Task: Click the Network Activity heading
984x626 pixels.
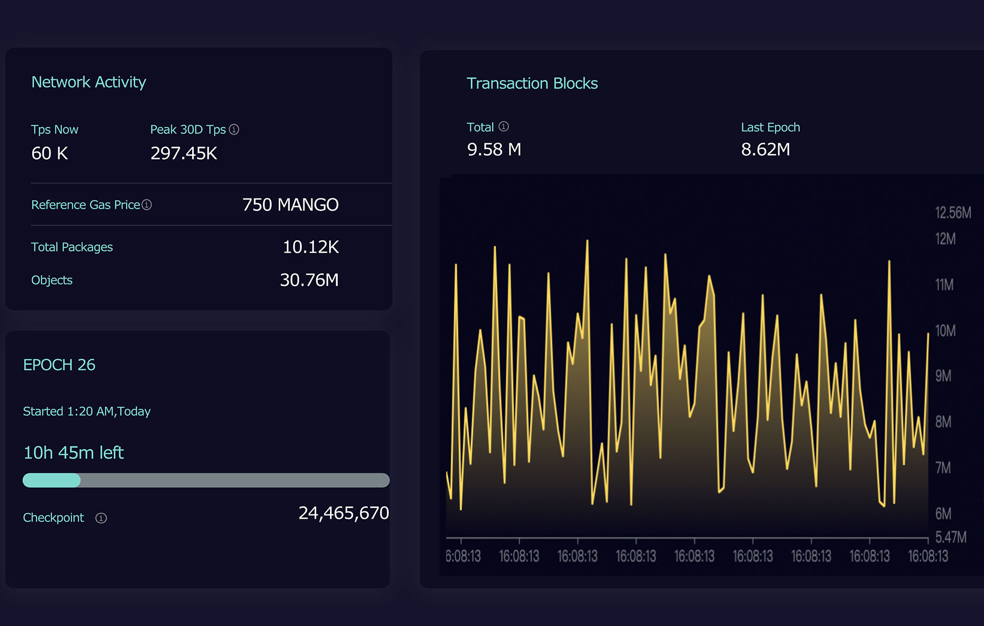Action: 89,82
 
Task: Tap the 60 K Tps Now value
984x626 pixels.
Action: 49,153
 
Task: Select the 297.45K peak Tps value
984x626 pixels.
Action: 184,153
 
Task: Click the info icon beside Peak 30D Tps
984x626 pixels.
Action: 234,129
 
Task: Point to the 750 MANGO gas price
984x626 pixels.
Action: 290,205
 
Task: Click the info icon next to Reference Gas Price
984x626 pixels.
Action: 147,205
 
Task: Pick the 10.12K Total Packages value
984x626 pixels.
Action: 310,247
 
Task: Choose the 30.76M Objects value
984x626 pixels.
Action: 309,280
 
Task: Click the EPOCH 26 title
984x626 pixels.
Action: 59,365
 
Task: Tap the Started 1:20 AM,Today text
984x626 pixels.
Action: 86,411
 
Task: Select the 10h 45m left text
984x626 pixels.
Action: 74,453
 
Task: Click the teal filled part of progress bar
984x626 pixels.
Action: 52,480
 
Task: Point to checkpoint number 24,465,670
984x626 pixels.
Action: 344,513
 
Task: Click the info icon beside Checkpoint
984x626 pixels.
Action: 101,518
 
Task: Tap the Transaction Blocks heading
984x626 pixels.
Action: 532,84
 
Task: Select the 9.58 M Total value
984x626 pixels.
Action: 494,150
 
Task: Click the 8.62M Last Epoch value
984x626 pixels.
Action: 766,150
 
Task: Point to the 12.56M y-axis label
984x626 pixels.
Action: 953,213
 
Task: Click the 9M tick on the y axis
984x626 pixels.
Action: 943,376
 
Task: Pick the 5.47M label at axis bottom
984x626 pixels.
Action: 951,537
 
